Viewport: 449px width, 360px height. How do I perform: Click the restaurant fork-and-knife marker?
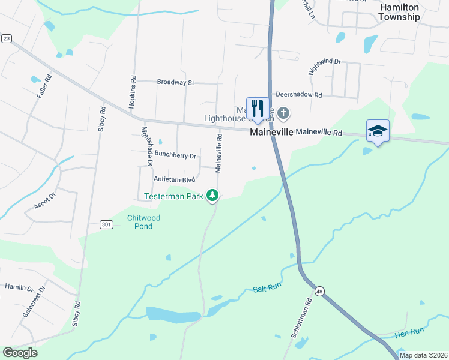click(258, 109)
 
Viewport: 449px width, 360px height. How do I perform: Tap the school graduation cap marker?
click(378, 130)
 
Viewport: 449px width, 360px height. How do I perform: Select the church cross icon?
click(283, 112)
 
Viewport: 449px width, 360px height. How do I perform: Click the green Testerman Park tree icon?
click(212, 195)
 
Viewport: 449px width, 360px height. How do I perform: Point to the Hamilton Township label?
click(399, 12)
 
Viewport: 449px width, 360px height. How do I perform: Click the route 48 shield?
click(319, 291)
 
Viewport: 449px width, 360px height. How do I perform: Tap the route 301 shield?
click(107, 224)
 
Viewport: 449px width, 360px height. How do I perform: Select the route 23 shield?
click(7, 38)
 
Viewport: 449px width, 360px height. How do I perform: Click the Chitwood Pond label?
click(140, 222)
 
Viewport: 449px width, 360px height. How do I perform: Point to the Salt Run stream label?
click(267, 287)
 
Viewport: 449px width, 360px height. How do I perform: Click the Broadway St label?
click(176, 82)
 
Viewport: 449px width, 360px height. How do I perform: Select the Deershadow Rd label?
click(299, 95)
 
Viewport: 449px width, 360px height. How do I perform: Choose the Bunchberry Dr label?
click(175, 155)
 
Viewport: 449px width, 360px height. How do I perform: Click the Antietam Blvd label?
click(175, 179)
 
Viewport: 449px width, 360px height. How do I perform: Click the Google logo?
click(20, 353)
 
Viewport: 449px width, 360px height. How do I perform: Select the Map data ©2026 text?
click(423, 355)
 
